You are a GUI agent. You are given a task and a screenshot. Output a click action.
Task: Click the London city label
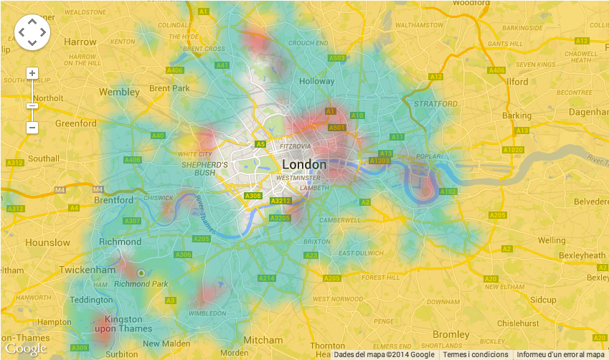click(x=303, y=164)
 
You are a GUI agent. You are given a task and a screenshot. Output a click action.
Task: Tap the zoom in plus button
click(x=32, y=73)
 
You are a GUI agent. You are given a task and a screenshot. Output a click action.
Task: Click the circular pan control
click(x=32, y=32)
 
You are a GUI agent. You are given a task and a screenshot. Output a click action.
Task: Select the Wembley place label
click(x=119, y=92)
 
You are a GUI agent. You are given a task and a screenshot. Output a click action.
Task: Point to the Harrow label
click(x=80, y=42)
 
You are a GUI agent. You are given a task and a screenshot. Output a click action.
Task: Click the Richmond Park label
click(x=141, y=284)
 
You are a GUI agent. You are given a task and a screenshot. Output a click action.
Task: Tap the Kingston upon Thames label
click(x=123, y=324)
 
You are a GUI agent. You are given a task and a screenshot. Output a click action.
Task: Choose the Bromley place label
click(x=451, y=334)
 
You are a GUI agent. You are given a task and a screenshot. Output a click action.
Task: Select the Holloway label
click(x=316, y=81)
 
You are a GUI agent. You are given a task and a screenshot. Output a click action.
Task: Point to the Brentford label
click(x=113, y=200)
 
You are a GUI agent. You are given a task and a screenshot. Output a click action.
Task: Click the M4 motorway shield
click(x=59, y=189)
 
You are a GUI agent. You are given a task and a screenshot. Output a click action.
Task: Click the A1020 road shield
click(x=513, y=150)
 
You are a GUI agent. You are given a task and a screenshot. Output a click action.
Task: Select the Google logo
click(x=26, y=349)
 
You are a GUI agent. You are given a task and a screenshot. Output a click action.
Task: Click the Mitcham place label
click(x=258, y=339)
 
